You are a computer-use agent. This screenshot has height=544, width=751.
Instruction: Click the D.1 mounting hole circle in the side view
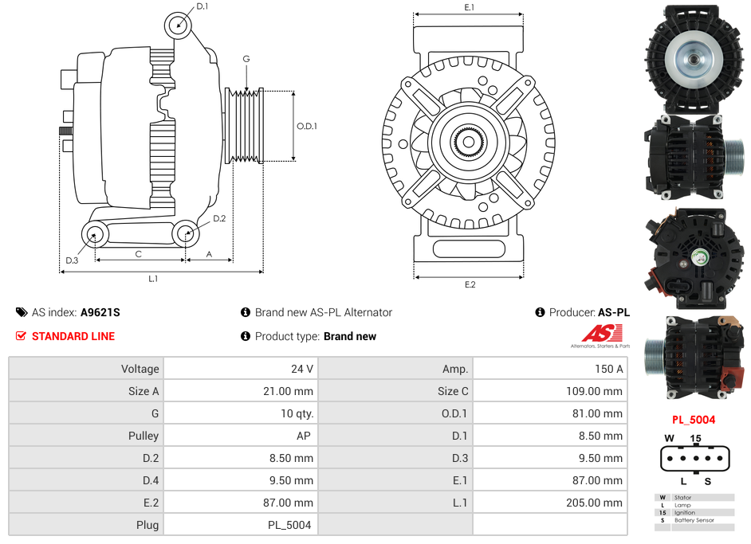(x=179, y=25)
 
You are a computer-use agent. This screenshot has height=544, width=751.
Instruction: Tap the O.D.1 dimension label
(x=307, y=126)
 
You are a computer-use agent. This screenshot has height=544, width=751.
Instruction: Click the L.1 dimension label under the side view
(x=153, y=278)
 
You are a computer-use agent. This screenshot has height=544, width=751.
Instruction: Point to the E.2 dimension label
(x=470, y=284)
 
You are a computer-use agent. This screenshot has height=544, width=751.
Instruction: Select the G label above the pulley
(x=246, y=59)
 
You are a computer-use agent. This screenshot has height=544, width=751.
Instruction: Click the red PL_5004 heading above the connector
(x=693, y=420)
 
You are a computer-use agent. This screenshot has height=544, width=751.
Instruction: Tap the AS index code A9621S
(x=100, y=312)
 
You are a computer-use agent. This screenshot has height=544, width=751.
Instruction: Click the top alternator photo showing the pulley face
(x=694, y=58)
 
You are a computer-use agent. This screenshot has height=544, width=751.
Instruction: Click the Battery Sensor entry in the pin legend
(x=694, y=520)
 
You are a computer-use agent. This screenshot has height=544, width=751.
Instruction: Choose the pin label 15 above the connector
(x=695, y=439)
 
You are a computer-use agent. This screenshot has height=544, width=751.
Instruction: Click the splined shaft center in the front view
(x=469, y=143)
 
